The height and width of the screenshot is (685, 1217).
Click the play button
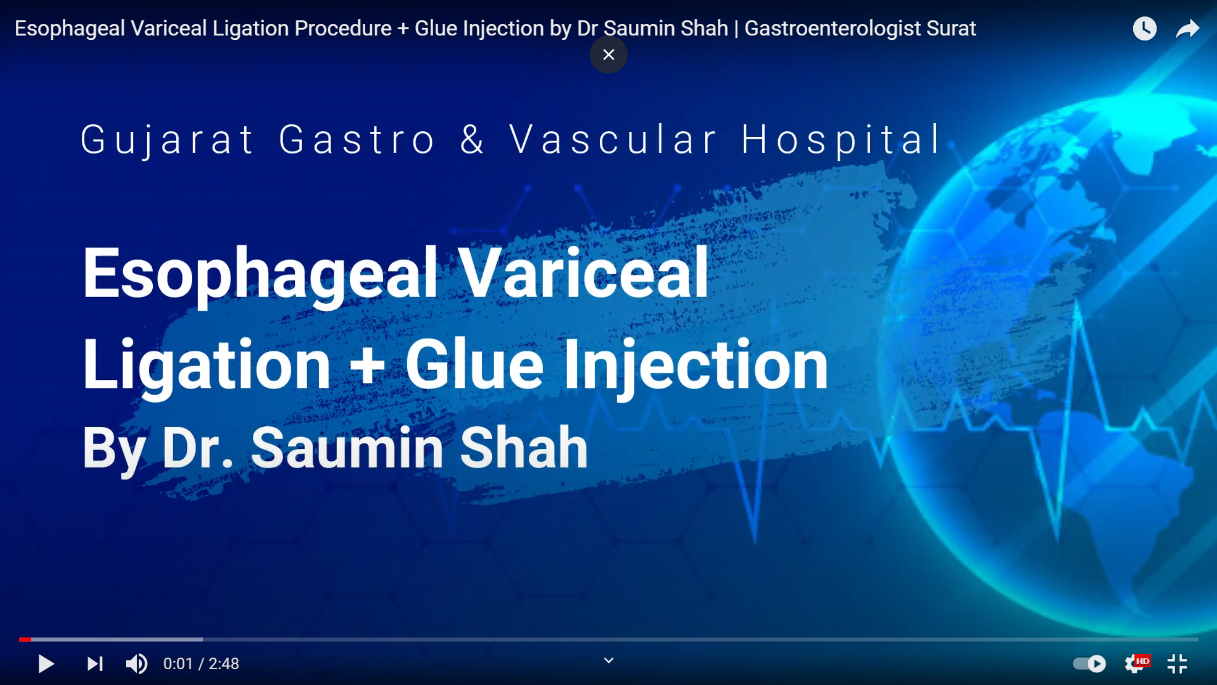[x=46, y=664]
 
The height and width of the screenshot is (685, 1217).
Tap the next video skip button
[x=95, y=664]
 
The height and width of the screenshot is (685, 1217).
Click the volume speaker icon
[x=136, y=664]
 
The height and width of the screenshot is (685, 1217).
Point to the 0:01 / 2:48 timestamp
[x=201, y=664]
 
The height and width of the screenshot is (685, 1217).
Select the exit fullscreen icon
[x=1177, y=664]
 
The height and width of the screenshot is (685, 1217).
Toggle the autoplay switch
[x=1089, y=664]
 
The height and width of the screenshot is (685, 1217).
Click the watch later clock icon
[x=1144, y=29]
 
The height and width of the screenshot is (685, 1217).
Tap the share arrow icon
[x=1187, y=29]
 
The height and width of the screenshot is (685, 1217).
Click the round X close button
[x=608, y=55]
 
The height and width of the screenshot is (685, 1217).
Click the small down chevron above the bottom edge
[x=608, y=660]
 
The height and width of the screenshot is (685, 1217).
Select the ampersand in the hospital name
[x=472, y=139]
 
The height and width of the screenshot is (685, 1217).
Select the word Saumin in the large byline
[x=347, y=448]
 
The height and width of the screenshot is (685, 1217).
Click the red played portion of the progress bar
[x=25, y=640]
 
